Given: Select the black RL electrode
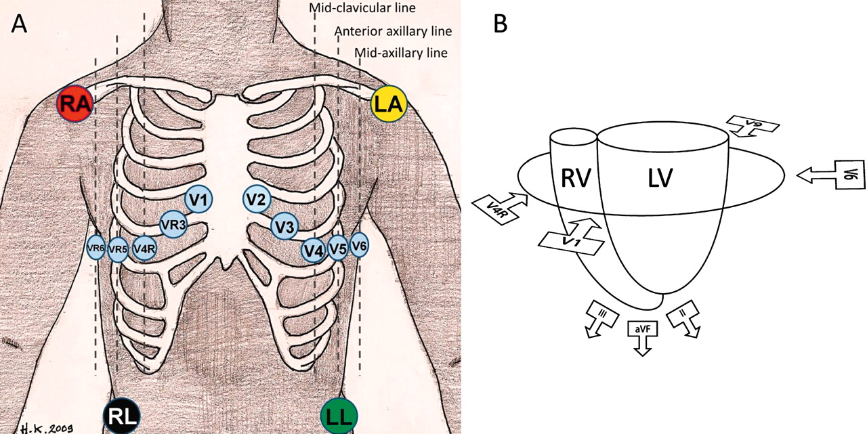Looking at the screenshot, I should pyautogui.click(x=121, y=416).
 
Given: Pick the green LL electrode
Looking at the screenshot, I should pyautogui.click(x=339, y=416).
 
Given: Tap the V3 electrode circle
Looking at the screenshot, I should pyautogui.click(x=284, y=225).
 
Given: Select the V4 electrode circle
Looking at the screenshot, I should pyautogui.click(x=313, y=250).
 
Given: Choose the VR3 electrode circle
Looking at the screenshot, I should pyautogui.click(x=172, y=223).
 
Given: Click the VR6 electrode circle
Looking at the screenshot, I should pyautogui.click(x=96, y=248).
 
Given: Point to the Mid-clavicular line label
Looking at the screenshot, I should pyautogui.click(x=362, y=9).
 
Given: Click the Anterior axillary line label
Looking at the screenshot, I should pyautogui.click(x=393, y=32).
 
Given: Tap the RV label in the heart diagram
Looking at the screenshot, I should pyautogui.click(x=576, y=178).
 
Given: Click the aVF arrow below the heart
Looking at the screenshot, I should pyautogui.click(x=641, y=336).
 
